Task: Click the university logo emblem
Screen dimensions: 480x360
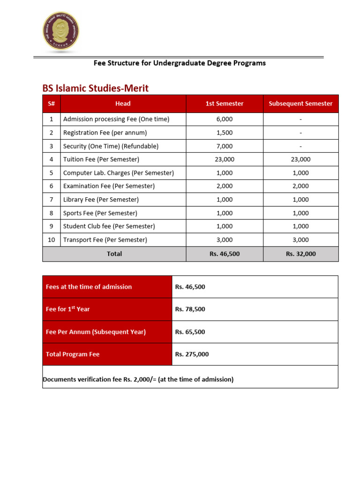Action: (61, 31)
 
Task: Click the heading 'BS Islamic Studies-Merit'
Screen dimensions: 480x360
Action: (96, 88)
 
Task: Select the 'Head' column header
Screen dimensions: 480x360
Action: (123, 104)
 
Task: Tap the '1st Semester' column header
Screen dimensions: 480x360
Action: (225, 104)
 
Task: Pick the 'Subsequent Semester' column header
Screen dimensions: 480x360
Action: (300, 104)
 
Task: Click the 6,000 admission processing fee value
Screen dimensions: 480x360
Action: (225, 119)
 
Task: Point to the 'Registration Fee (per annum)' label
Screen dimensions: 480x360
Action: (105, 133)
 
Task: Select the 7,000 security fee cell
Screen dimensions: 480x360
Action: (225, 146)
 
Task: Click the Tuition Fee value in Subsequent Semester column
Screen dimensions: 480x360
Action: (300, 159)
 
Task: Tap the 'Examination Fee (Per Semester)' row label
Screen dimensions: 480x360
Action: (109, 186)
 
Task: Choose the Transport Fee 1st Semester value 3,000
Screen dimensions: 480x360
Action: (225, 240)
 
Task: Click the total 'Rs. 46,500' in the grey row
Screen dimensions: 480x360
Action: (225, 254)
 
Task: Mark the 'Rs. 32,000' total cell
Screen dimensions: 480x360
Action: (300, 254)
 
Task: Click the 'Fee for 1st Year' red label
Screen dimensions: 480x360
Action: (68, 309)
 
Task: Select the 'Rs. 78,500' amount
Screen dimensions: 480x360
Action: (190, 309)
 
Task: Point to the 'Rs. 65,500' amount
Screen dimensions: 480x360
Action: (190, 332)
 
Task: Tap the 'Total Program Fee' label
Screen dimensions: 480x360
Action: (73, 354)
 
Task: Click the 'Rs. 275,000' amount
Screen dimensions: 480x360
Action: (192, 354)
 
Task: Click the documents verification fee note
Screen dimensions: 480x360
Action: (138, 379)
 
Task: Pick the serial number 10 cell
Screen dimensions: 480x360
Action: (52, 240)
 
